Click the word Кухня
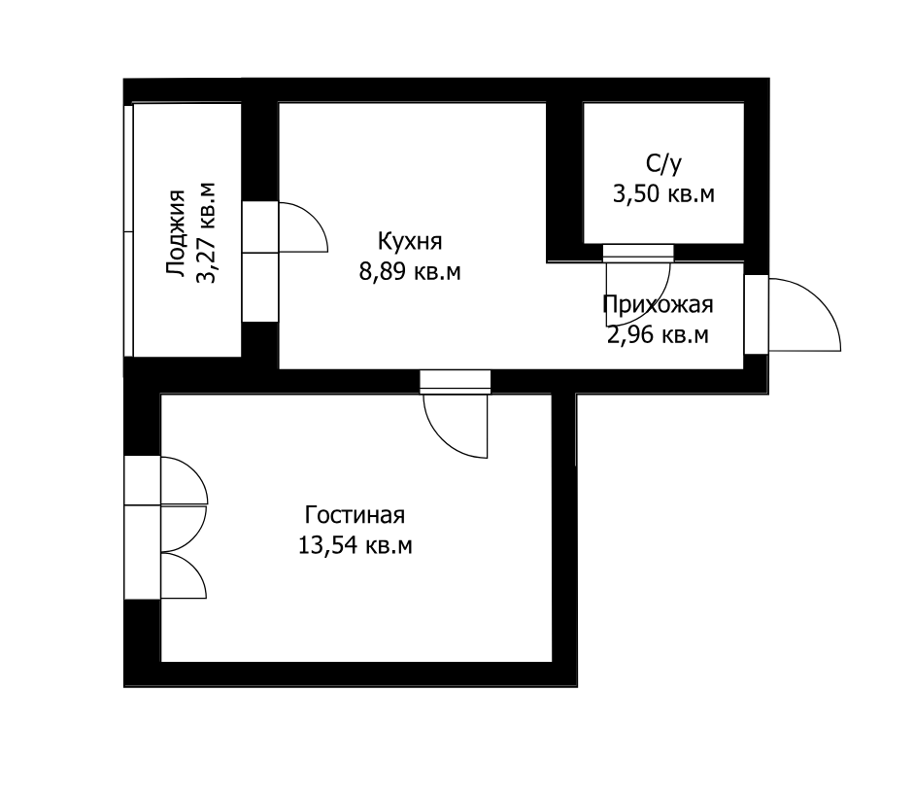click(410, 241)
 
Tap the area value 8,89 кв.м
click(410, 272)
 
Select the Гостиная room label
click(355, 515)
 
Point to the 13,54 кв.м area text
click(355, 546)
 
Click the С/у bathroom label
click(663, 164)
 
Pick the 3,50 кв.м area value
click(663, 193)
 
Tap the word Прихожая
click(658, 304)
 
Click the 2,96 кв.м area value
click(658, 335)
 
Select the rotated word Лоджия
click(176, 232)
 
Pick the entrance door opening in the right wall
click(757, 314)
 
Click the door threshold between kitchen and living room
click(456, 382)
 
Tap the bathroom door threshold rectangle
click(638, 253)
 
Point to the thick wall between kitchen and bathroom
click(565, 182)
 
